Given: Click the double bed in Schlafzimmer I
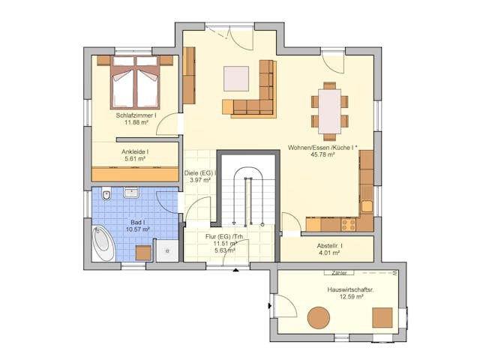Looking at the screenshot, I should point(135,81).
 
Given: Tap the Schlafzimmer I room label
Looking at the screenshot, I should point(136,115).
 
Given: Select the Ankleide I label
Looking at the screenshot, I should point(135,151).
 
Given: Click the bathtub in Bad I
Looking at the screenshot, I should point(103,244).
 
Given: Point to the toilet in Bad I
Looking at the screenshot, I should point(108,196).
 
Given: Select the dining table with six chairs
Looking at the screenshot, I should point(330,110).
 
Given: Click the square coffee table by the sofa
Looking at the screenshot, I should point(236,78).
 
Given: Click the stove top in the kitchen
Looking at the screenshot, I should point(349,223).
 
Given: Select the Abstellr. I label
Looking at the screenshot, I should point(330,246).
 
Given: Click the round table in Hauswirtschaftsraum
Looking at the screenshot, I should point(319,317).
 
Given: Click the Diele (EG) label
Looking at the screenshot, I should point(200,173).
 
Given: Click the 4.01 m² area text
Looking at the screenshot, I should point(330,253).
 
